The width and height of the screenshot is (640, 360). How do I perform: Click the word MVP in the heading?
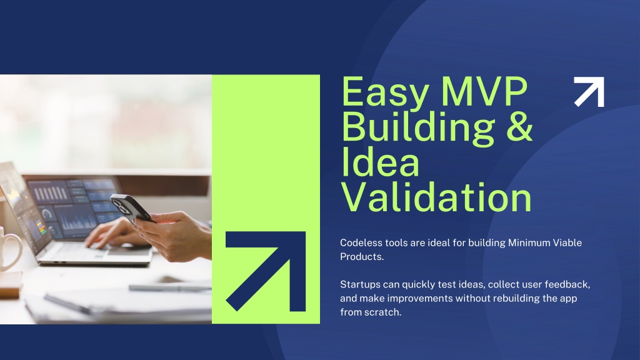484,92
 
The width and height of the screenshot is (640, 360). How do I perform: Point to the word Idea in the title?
381,162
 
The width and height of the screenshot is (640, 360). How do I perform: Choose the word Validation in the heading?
436,197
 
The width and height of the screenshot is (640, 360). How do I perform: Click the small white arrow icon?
589,92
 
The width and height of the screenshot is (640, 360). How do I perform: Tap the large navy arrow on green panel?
266,271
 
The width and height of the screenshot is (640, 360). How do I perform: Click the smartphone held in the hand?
131,207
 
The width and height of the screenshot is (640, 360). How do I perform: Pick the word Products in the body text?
362,257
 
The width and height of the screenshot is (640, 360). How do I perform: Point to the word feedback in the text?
567,284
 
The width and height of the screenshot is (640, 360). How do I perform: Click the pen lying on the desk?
170,287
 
